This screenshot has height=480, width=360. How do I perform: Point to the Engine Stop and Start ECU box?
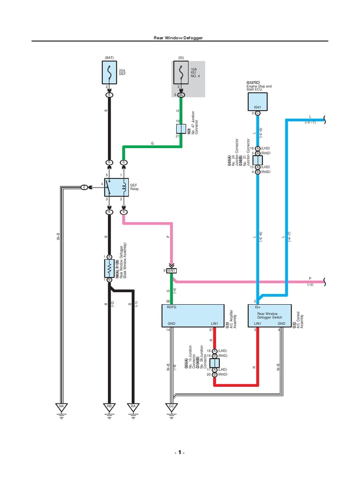coord(257,101)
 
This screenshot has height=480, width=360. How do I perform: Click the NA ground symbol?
coord(61,408)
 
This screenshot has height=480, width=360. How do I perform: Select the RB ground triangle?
coord(109,408)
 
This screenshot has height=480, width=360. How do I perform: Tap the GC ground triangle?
coord(172,408)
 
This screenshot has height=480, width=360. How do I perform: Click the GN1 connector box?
coord(172,271)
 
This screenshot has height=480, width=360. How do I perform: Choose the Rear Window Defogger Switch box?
coord(269,315)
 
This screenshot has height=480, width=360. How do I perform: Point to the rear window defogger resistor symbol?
coord(109,268)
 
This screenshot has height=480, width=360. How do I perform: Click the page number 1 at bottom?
coord(180,453)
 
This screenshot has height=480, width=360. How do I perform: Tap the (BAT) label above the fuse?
coord(109,58)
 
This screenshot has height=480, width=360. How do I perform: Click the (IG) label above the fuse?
coord(181,58)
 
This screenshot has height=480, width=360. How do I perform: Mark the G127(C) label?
coord(254,82)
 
